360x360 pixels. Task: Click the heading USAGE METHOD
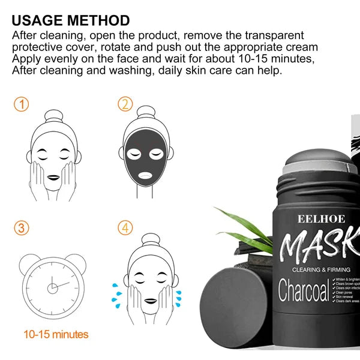click(x=71, y=20)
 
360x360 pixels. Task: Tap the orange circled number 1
click(x=22, y=104)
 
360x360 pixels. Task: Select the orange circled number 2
click(x=125, y=104)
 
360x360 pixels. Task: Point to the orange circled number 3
click(x=22, y=228)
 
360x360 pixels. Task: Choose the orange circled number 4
click(x=125, y=228)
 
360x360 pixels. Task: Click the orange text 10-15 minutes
click(x=56, y=334)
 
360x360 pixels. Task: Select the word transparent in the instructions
click(x=268, y=35)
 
